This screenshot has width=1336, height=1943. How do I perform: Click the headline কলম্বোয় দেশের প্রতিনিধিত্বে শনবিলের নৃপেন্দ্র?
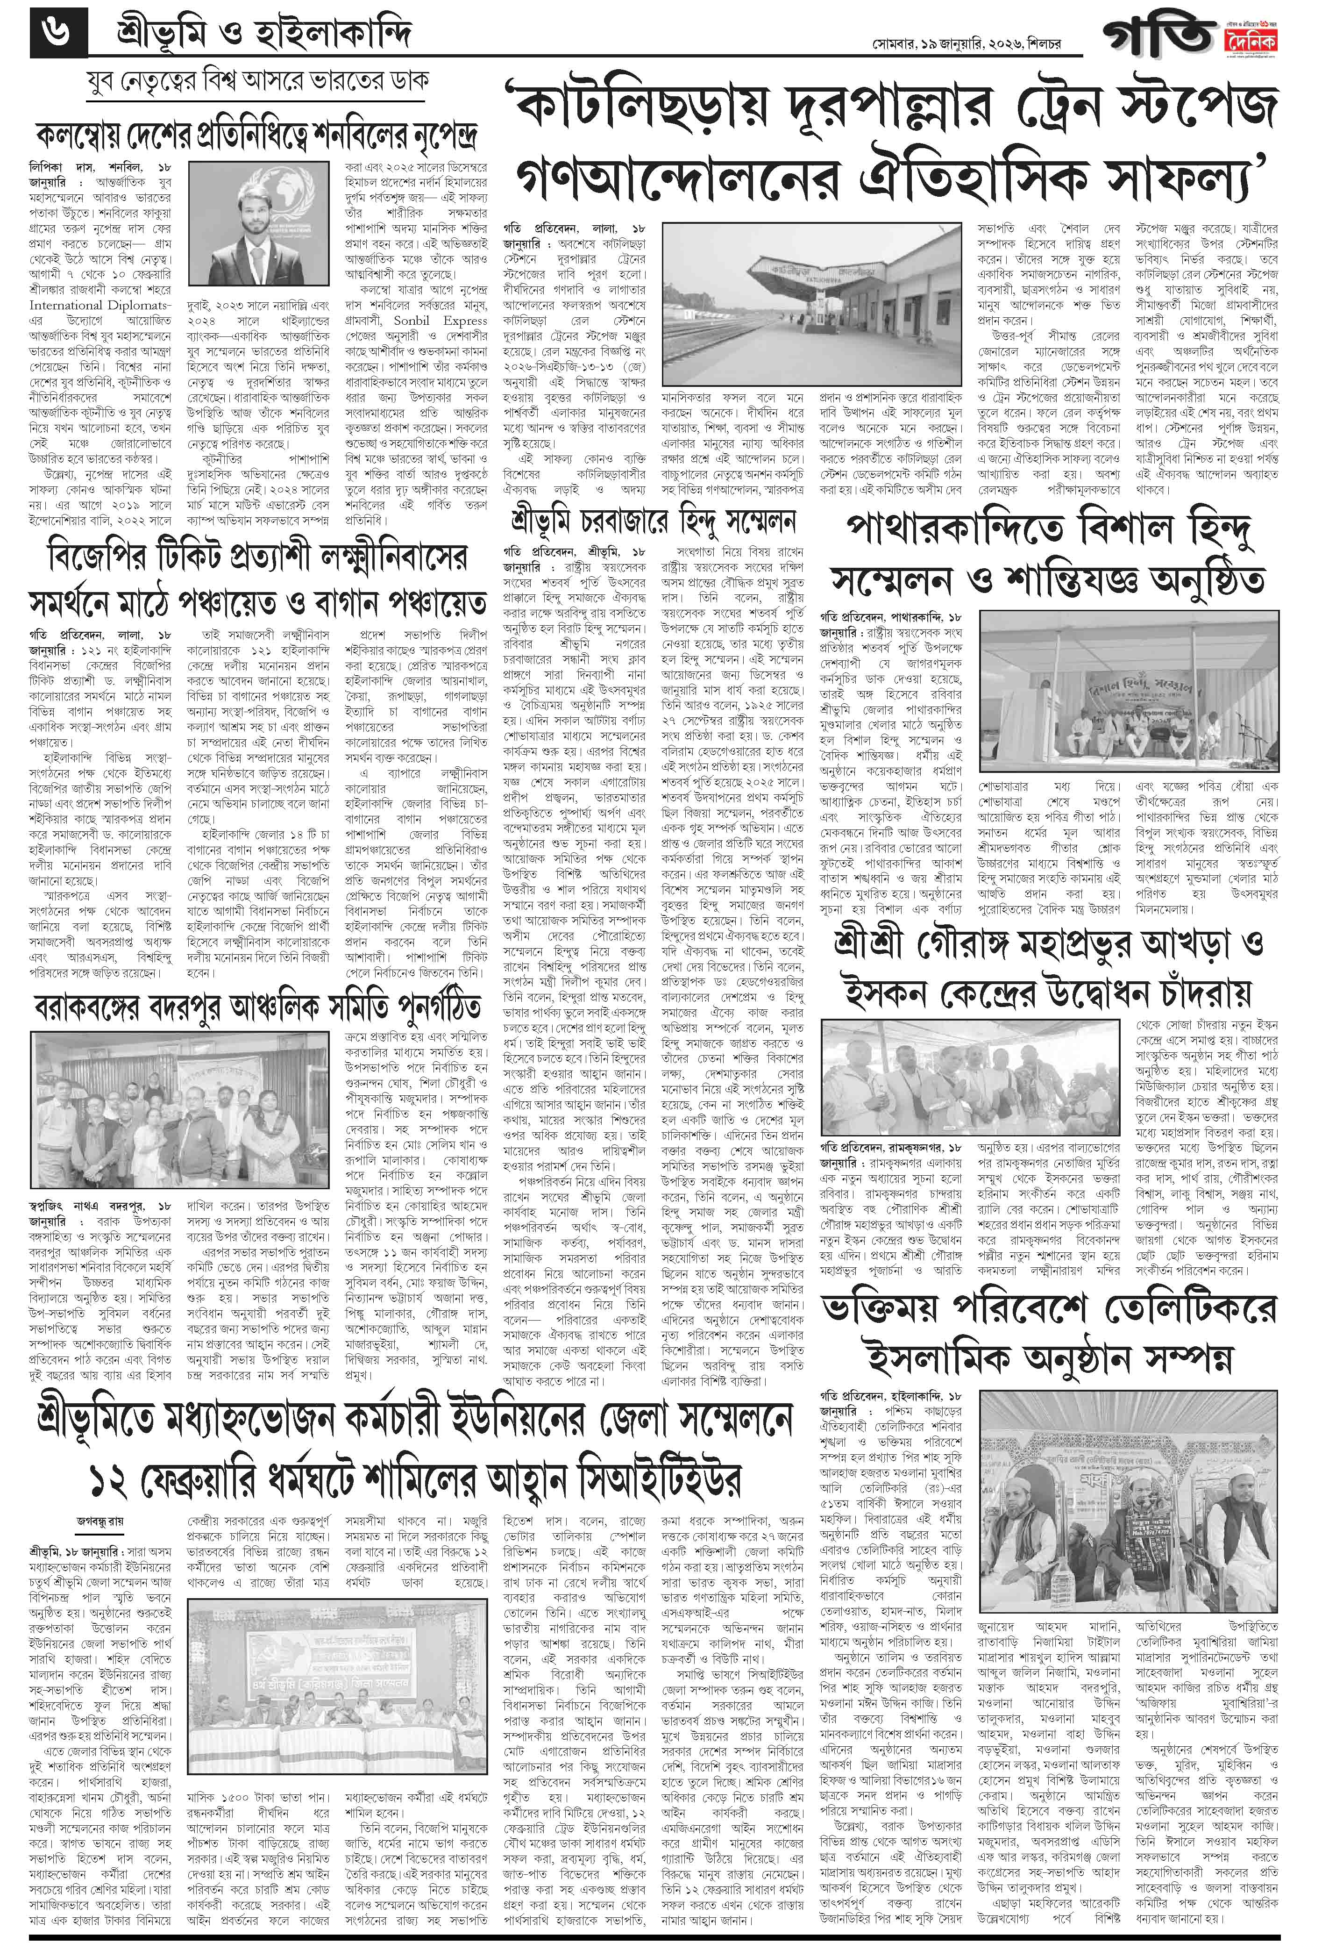pos(256,135)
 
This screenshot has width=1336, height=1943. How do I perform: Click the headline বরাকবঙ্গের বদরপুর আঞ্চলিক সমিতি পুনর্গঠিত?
pos(257,1007)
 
